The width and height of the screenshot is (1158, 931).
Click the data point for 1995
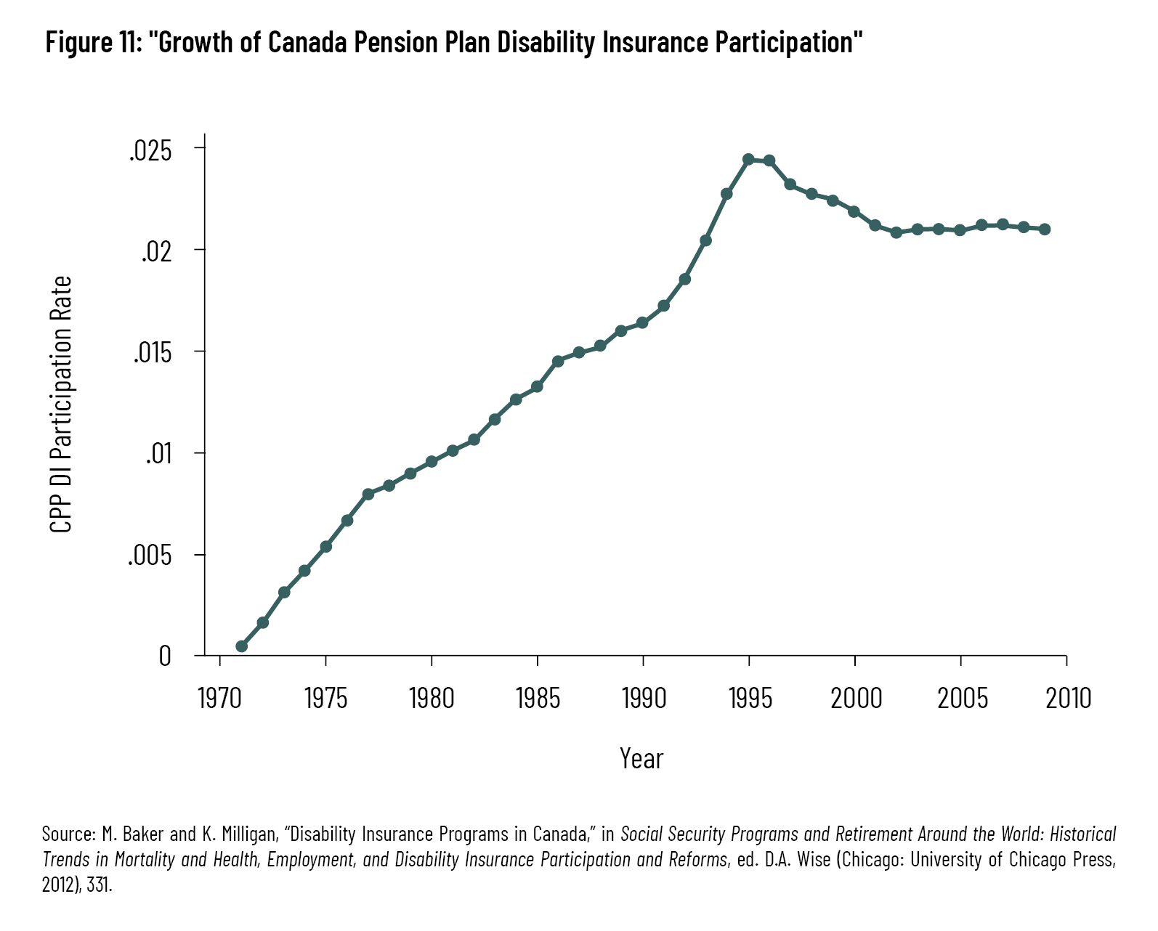tap(748, 159)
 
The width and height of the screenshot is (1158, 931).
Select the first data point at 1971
tap(241, 646)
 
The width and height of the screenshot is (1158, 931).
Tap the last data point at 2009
tap(1045, 229)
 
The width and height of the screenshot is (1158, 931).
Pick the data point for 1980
tap(432, 462)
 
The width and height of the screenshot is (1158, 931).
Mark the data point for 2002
tap(896, 232)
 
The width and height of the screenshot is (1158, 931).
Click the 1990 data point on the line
tap(642, 322)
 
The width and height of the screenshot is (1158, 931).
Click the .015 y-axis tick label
tap(153, 354)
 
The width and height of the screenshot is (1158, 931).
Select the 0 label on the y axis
tap(165, 656)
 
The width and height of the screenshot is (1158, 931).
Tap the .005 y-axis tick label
tap(150, 556)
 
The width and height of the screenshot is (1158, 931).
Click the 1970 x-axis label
tap(219, 699)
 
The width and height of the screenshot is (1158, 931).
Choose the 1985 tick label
tap(538, 699)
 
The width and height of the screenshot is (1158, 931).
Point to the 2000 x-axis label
tap(856, 699)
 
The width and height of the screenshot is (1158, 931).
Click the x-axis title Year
tap(641, 759)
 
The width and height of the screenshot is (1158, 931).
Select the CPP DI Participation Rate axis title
tap(62, 404)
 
